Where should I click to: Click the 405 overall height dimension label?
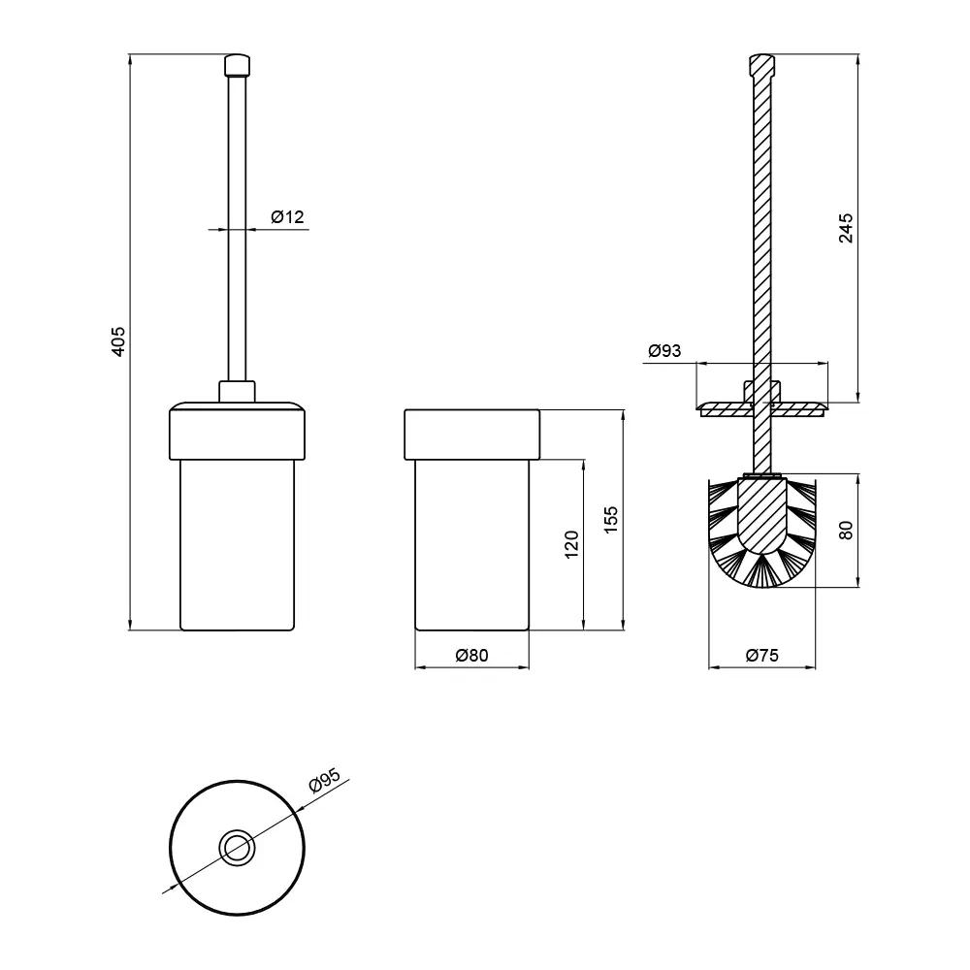coord(117,341)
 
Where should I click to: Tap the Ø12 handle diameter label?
coord(288,216)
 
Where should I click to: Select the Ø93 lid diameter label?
coord(664,351)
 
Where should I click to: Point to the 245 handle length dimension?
coord(846,228)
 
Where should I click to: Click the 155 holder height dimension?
coord(610,520)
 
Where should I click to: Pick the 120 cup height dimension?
coord(571,544)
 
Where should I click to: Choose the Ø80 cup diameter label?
coord(472,655)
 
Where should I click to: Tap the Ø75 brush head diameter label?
coord(762,655)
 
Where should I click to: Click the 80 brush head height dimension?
coord(846,531)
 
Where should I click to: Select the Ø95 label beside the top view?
coord(325,780)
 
